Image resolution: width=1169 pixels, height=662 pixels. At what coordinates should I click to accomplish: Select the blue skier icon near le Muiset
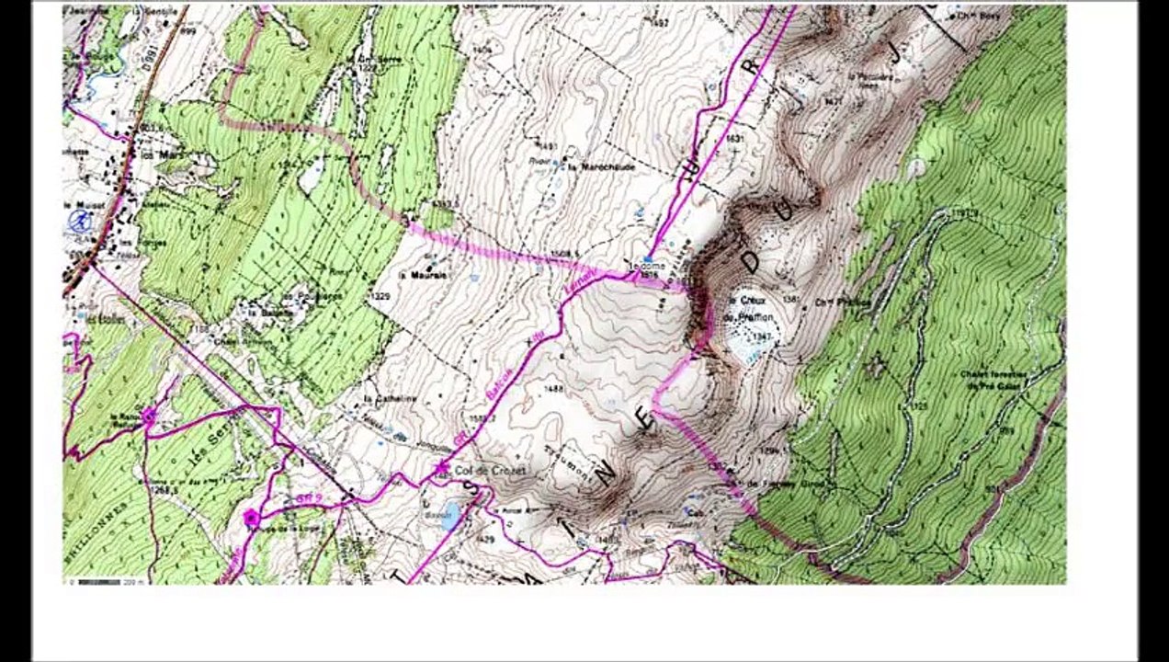pyautogui.click(x=80, y=221)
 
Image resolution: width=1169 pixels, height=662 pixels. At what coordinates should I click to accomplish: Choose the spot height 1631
pyautogui.click(x=733, y=139)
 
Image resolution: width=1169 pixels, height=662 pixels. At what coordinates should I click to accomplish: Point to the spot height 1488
pyautogui.click(x=553, y=389)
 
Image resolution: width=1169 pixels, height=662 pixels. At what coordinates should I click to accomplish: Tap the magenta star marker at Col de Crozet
pyautogui.click(x=441, y=469)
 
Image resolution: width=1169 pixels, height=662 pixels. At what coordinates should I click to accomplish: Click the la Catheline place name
pyautogui.click(x=390, y=398)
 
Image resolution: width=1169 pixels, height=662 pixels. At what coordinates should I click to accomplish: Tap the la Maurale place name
pyautogui.click(x=429, y=274)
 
